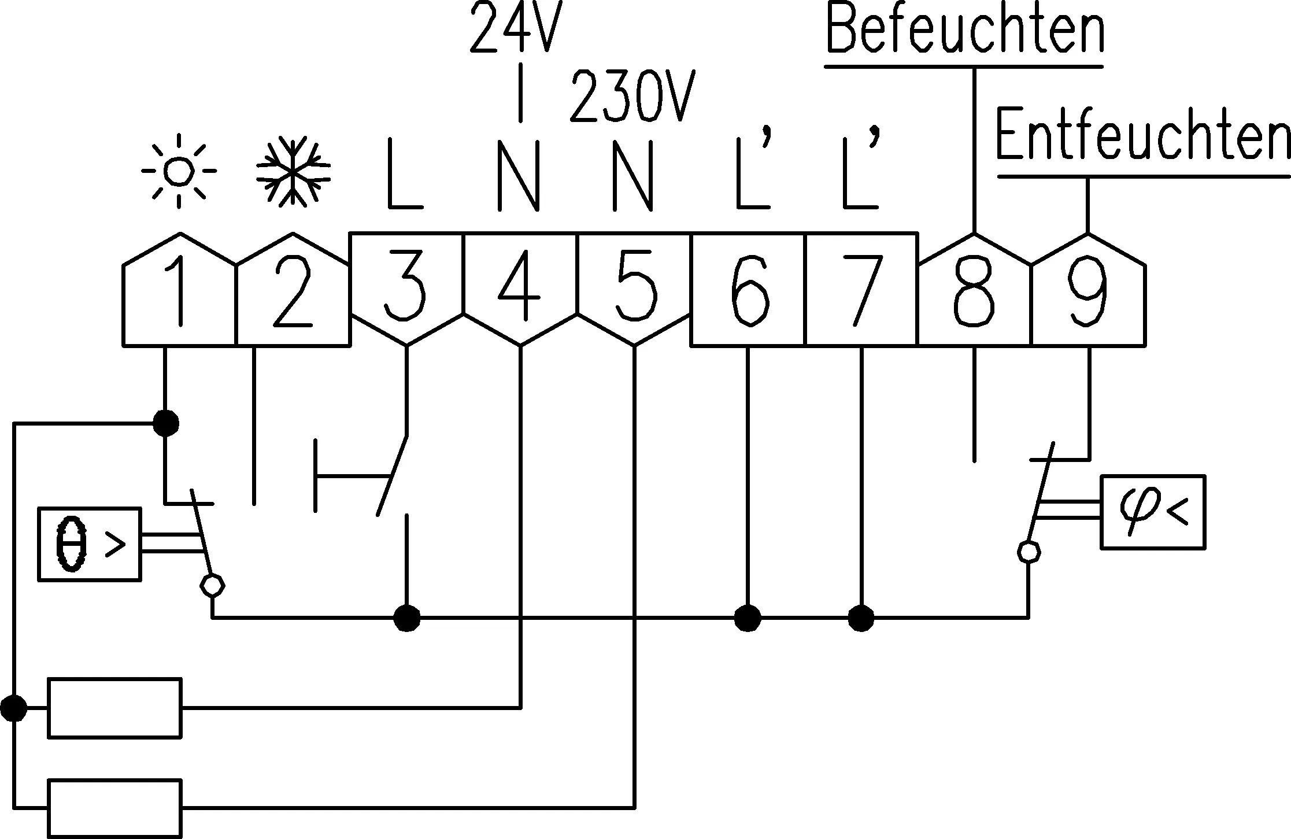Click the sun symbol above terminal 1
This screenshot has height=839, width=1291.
pos(179,171)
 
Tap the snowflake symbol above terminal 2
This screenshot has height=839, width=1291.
pos(293,172)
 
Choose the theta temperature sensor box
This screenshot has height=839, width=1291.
pos(90,544)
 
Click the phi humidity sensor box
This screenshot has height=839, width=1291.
pos(1153,512)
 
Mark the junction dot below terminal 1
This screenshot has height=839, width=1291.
pos(166,423)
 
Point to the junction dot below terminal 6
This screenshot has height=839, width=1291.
pos(748,618)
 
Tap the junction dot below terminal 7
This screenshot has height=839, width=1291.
pos(861,618)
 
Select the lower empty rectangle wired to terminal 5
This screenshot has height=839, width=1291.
pos(114,808)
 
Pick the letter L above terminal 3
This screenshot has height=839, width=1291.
pos(405,173)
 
